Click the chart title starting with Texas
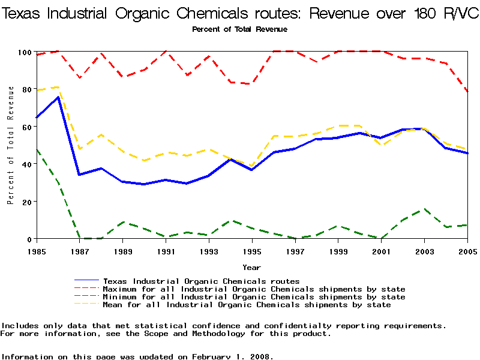(240, 14)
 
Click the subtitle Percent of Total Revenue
(239, 29)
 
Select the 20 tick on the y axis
(25, 202)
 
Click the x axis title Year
(251, 267)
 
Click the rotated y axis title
(10, 145)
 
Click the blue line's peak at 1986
(58, 97)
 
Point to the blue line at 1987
(80, 175)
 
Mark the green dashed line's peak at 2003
(425, 209)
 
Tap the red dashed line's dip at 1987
(80, 78)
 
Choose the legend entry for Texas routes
(201, 281)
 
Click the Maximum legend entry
(254, 289)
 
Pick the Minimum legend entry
(254, 297)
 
